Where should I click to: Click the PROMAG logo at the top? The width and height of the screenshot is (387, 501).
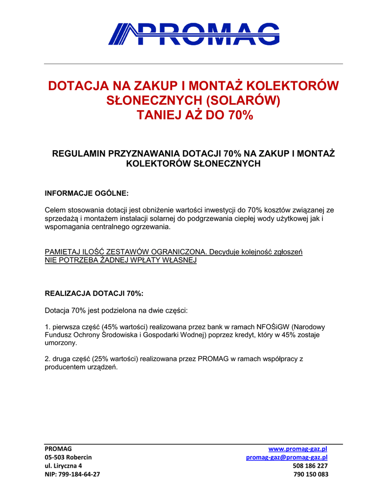pos(194,34)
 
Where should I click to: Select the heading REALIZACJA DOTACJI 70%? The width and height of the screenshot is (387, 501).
pos(94,294)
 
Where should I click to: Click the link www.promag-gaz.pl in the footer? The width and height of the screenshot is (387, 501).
pos(298,449)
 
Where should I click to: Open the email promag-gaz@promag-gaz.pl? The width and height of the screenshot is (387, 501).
pos(286,457)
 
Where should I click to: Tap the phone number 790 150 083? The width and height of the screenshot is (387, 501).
pos(311,474)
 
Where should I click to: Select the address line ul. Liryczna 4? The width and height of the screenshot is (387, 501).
pos(63,466)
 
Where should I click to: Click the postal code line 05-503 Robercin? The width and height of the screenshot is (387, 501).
pos(68,457)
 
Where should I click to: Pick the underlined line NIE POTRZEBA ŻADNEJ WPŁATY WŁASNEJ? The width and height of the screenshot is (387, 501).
pos(120,260)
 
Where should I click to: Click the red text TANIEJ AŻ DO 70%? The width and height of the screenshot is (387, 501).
pos(194,116)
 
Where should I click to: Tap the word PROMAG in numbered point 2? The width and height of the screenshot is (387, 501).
pos(213,359)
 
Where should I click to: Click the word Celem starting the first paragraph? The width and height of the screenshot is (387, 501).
pos(54,210)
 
